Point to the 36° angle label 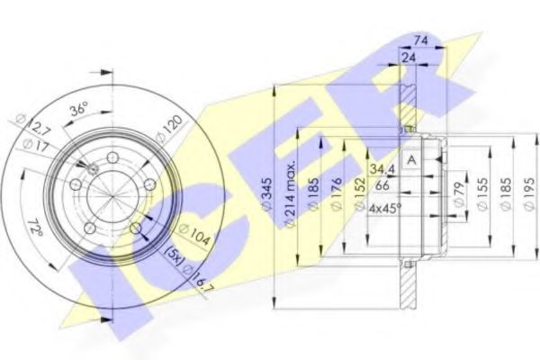[80, 110]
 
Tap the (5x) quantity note [174, 255]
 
